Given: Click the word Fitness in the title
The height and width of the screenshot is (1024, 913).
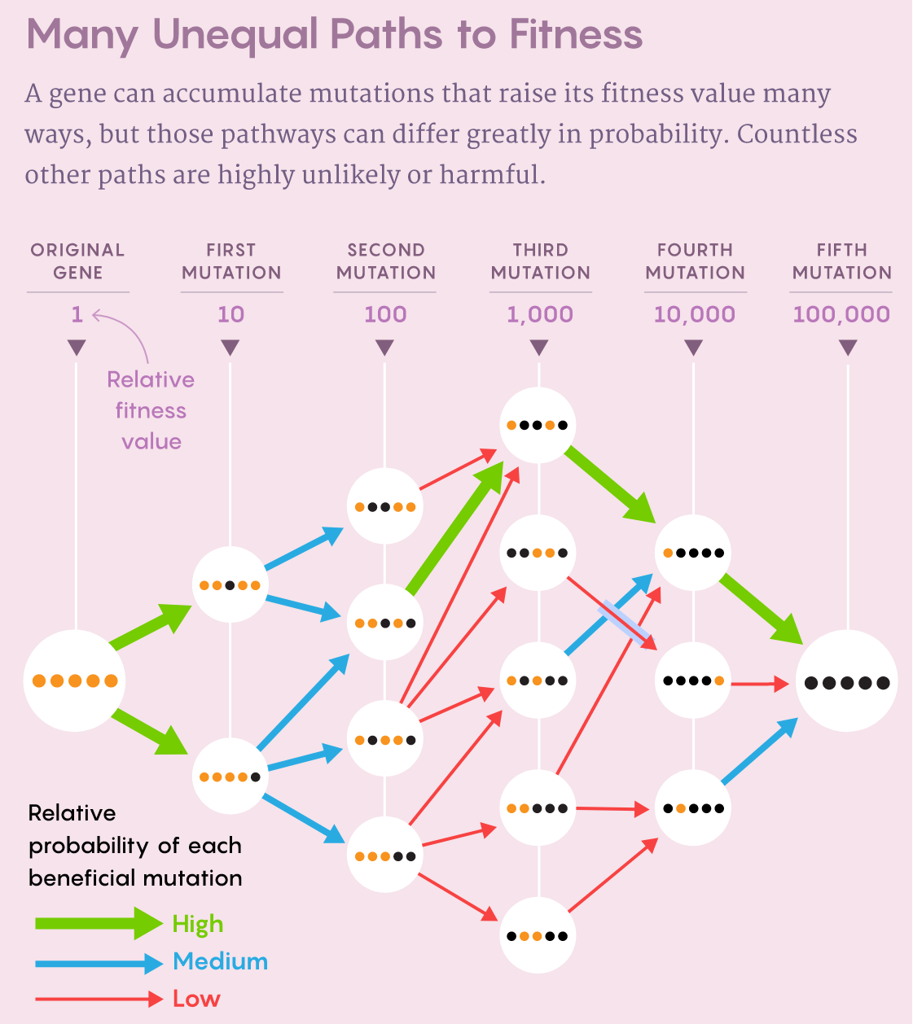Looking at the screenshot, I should point(576,34).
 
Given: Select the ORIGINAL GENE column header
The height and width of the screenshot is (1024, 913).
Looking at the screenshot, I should point(77,261).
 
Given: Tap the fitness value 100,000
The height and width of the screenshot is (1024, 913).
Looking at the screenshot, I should point(841,314).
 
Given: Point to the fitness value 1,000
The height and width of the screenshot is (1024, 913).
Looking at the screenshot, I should point(540,314).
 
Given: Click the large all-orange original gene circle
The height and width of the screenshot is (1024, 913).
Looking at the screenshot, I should point(75,680).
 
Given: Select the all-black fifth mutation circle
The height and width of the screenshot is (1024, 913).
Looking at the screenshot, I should point(847,682).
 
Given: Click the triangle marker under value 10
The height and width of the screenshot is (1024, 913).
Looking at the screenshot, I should point(230,348).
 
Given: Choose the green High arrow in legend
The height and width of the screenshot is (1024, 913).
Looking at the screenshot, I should point(98,923).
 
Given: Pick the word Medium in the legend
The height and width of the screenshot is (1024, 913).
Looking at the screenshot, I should point(220,961).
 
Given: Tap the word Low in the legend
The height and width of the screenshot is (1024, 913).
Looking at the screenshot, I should point(196,999).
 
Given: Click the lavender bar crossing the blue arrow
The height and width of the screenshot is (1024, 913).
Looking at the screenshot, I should point(624,621).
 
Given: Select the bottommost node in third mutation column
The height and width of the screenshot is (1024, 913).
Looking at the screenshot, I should point(538,935).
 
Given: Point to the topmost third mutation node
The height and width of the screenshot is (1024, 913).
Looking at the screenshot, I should point(538,425).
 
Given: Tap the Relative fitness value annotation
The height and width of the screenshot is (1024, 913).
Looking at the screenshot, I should point(151,410).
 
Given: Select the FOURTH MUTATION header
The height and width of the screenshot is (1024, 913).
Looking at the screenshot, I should point(695,261).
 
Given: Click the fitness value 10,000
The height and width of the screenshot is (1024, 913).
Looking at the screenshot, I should point(694,314).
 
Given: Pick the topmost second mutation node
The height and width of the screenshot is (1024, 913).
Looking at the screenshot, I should point(385,506).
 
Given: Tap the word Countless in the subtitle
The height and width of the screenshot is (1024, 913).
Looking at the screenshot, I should point(797,134).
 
